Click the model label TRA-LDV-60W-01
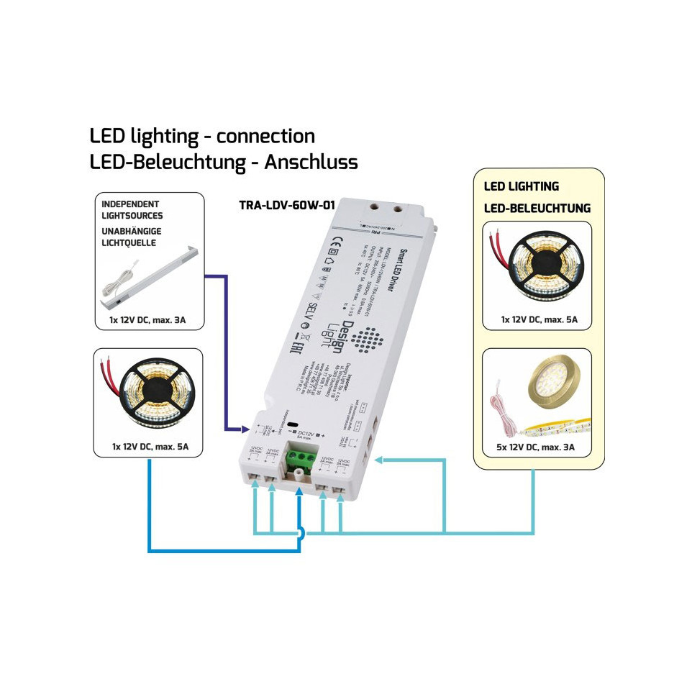287,205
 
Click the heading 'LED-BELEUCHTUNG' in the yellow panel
537,209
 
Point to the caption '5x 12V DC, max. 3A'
537,448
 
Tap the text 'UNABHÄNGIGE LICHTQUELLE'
132,238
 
